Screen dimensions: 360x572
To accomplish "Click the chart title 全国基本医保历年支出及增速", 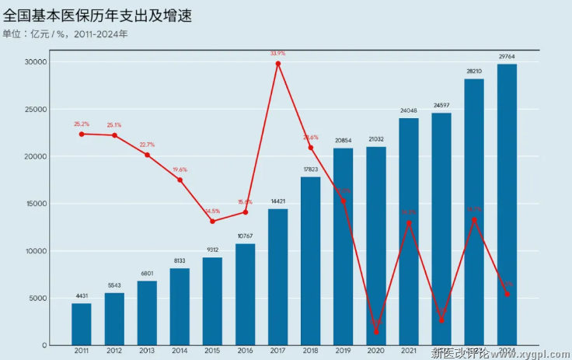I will [98, 15].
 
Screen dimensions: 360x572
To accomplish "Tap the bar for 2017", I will [277, 276].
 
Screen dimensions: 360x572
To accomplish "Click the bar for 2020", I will [376, 245].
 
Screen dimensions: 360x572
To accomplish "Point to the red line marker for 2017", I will [277, 63].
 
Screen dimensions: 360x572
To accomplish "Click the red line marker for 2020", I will [376, 332].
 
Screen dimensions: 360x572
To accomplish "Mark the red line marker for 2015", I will [212, 221].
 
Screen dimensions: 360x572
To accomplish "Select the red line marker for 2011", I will [82, 134].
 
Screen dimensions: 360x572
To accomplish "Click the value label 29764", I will [507, 57].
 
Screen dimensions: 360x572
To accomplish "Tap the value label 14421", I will [277, 201].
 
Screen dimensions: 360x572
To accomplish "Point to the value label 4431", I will [82, 296].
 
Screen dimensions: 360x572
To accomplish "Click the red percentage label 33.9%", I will [277, 53].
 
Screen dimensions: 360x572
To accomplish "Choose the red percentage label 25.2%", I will [82, 124].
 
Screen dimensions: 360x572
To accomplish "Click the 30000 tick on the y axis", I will [36, 61].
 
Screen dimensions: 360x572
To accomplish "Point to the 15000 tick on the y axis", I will [36, 204].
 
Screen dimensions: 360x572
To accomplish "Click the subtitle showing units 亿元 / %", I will [66, 34].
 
